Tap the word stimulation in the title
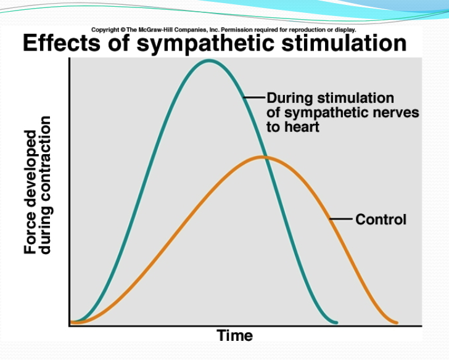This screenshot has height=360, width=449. [346, 44]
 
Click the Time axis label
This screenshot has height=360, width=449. [235, 336]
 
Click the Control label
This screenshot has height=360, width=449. [381, 219]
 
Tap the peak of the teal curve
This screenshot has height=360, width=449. [209, 60]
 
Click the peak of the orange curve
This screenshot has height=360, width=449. [263, 157]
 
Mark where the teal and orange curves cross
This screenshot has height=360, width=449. [266, 157]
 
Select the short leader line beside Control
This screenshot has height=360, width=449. [342, 219]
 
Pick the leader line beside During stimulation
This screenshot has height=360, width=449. [255, 97]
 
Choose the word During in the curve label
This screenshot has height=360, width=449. [290, 98]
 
